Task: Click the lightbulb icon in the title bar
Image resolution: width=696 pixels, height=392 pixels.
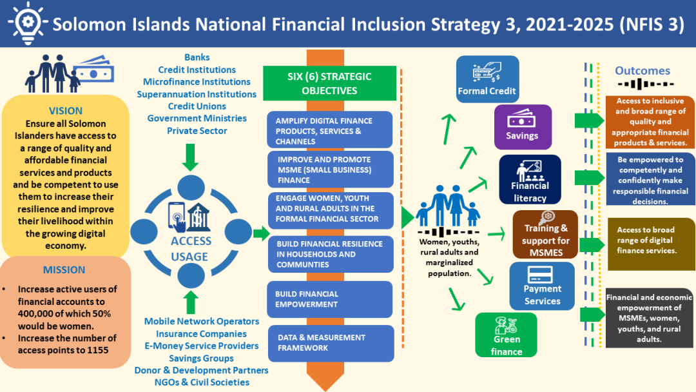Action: click(x=28, y=23)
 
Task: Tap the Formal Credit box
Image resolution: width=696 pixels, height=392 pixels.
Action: click(x=487, y=79)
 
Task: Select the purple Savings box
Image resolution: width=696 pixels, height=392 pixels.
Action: click(x=523, y=127)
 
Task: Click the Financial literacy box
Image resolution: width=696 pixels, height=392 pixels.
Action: click(x=530, y=179)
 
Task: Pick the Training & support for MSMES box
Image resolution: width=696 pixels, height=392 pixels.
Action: click(x=546, y=235)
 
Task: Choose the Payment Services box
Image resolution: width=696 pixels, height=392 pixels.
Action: click(x=542, y=286)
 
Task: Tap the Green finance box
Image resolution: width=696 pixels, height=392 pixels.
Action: click(x=506, y=335)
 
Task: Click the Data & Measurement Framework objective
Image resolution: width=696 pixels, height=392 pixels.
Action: click(x=331, y=343)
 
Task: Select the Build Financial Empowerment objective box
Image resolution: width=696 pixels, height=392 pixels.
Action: click(x=330, y=299)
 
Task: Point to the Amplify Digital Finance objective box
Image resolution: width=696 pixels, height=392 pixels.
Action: click(x=330, y=130)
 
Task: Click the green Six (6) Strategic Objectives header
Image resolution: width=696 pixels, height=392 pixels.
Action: click(x=329, y=83)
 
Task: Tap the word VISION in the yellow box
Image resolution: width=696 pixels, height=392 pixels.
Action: click(x=66, y=111)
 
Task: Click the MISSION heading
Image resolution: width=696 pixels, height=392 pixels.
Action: click(x=64, y=270)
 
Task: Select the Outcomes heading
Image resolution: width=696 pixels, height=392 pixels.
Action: click(x=643, y=70)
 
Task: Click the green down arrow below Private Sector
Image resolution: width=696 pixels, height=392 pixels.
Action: click(x=190, y=157)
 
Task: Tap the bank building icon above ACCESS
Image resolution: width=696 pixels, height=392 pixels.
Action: click(x=198, y=217)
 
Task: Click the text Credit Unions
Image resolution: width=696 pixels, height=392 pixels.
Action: click(x=197, y=106)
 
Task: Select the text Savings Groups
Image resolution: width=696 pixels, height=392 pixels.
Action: click(x=201, y=358)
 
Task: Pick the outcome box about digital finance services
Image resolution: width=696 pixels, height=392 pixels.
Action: click(x=651, y=244)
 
